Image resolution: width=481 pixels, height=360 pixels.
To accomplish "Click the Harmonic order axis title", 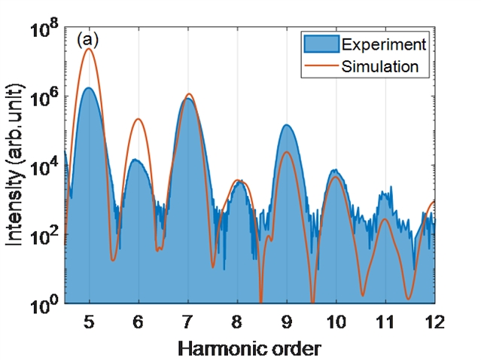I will [x=248, y=348].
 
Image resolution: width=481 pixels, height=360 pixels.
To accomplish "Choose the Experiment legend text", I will [x=384, y=44].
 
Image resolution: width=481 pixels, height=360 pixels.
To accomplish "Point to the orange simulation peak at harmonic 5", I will [x=90, y=49].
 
